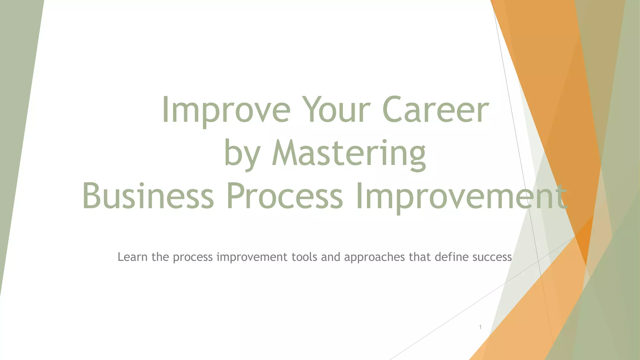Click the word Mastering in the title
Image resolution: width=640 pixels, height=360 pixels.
tap(349, 154)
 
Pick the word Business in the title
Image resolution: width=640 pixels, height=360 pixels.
tap(148, 197)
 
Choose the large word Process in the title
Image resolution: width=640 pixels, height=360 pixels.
tap(284, 197)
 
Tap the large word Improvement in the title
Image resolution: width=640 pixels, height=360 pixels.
tap(461, 197)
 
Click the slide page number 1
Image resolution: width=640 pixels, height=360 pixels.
tap(480, 327)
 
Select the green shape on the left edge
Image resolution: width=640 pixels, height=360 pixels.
tap(16, 125)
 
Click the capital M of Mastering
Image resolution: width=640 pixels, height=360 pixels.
tap(285, 154)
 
